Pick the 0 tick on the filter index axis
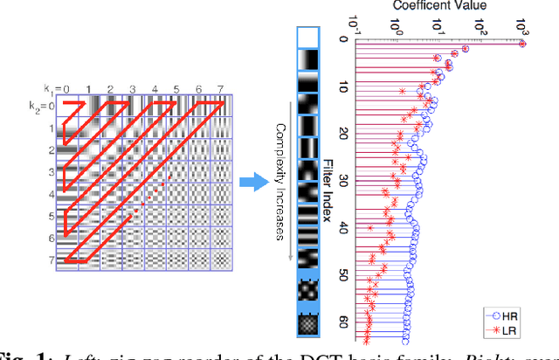[x=344, y=39]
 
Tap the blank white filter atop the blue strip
[x=309, y=36]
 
